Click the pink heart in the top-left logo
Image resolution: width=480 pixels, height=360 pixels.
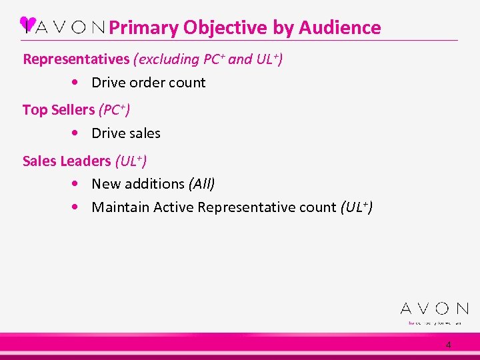coord(27,24)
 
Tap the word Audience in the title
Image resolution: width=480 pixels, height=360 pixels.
coord(340,28)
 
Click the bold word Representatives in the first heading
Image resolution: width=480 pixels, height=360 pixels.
coord(76,59)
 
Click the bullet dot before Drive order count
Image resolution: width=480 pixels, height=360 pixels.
coord(79,83)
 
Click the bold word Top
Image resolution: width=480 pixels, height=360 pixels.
coord(34,110)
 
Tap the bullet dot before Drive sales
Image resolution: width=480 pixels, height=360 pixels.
coord(79,133)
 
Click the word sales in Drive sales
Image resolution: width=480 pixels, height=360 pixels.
coord(145,133)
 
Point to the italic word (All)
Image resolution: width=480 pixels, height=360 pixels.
coord(202,183)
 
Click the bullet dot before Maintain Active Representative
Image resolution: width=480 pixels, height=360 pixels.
coord(79,207)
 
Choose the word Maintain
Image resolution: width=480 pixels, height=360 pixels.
coord(120,207)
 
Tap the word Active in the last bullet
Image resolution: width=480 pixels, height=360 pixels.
coord(174,207)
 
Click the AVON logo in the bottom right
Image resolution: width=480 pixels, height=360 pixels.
coord(434,309)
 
